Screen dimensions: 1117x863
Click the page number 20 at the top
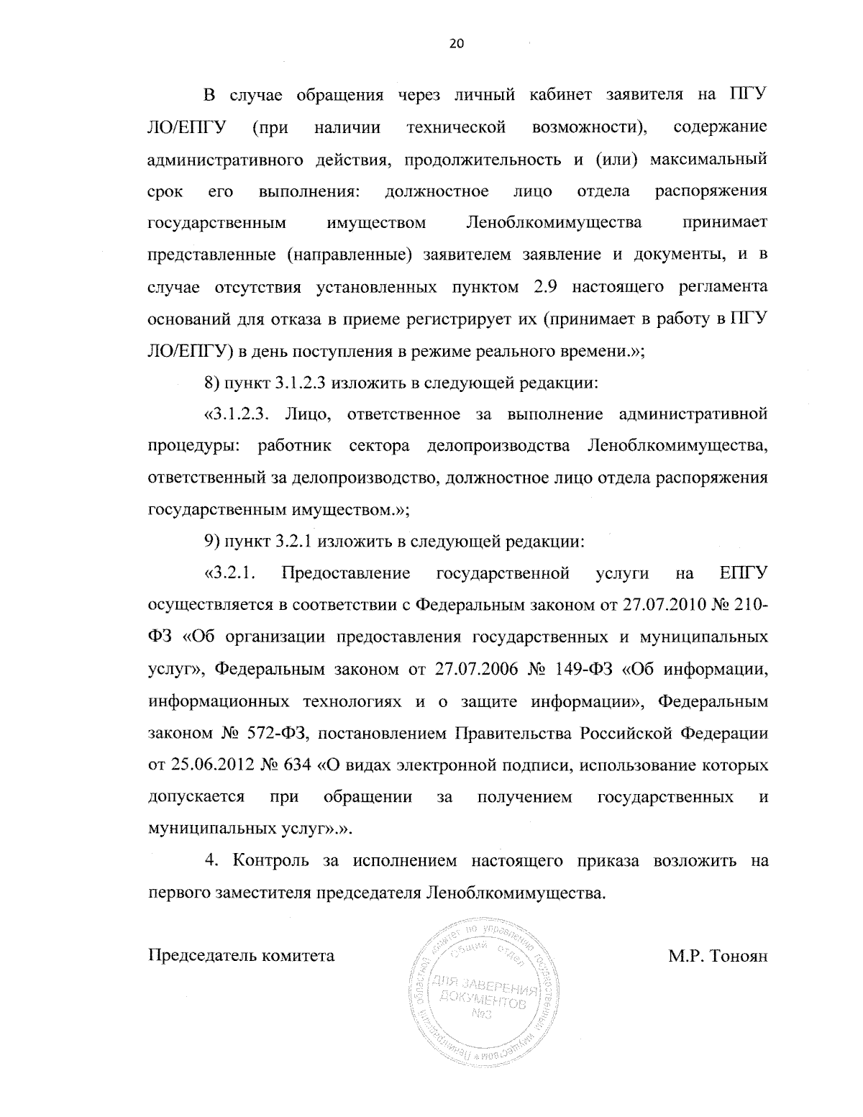pos(456,44)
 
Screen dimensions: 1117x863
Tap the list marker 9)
pos(212,542)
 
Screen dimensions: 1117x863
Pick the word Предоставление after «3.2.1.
pos(347,574)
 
